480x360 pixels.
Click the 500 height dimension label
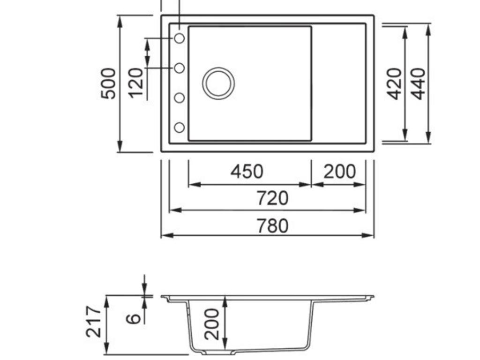[108, 83]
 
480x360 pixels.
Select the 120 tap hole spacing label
[136, 82]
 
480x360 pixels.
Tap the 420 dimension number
[394, 83]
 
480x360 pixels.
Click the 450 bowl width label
[247, 172]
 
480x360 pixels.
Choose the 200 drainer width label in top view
[339, 172]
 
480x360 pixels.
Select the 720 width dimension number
[272, 198]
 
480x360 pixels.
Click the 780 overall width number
[272, 225]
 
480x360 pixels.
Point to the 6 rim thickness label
[134, 318]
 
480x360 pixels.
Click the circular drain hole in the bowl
[218, 83]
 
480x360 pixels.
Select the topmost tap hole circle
[180, 38]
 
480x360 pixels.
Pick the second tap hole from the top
[180, 68]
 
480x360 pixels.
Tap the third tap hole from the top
[180, 97]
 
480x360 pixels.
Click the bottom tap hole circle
[180, 127]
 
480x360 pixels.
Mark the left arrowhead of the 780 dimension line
[165, 235]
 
